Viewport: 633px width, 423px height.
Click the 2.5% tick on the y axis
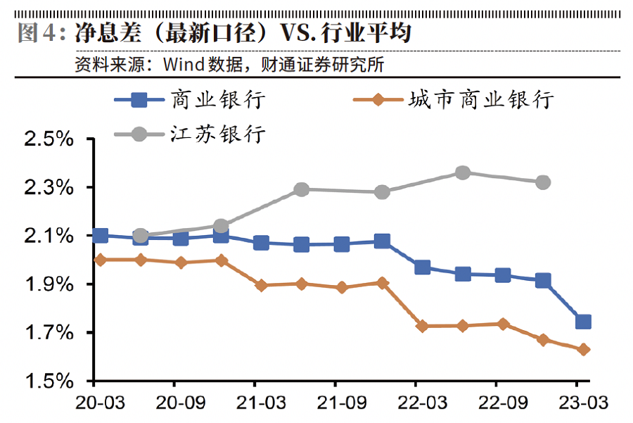tap(49, 139)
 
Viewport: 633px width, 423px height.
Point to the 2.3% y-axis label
tap(49, 188)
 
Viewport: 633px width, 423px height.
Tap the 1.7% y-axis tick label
tap(49, 333)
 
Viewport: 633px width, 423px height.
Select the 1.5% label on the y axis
tap(49, 381)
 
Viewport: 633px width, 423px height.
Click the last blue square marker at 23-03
tap(583, 322)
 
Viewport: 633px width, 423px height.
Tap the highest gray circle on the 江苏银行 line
tap(462, 172)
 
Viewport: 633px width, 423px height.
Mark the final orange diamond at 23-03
tap(583, 349)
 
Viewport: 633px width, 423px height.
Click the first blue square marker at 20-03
tap(100, 235)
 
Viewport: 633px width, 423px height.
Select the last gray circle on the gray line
tap(542, 182)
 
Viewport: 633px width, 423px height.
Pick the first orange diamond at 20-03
tap(100, 260)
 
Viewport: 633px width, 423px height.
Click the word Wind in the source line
tap(181, 65)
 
